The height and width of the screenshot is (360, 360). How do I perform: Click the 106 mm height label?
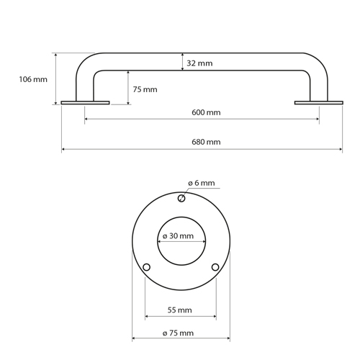tap(33, 79)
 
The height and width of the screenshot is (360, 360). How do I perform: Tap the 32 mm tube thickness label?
tap(199, 63)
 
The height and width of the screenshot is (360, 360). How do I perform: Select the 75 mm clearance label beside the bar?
tap(145, 89)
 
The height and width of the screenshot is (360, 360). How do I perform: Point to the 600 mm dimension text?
tap(206, 112)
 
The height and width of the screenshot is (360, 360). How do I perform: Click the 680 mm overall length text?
tap(206, 142)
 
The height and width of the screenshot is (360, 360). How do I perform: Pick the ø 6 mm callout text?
tap(201, 183)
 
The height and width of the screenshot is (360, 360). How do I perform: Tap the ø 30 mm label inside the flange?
tap(178, 236)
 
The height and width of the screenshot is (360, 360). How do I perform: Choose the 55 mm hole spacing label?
tap(180, 310)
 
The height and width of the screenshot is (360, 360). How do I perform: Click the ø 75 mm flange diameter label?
tap(178, 333)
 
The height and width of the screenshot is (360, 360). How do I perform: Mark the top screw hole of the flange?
tap(181, 199)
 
